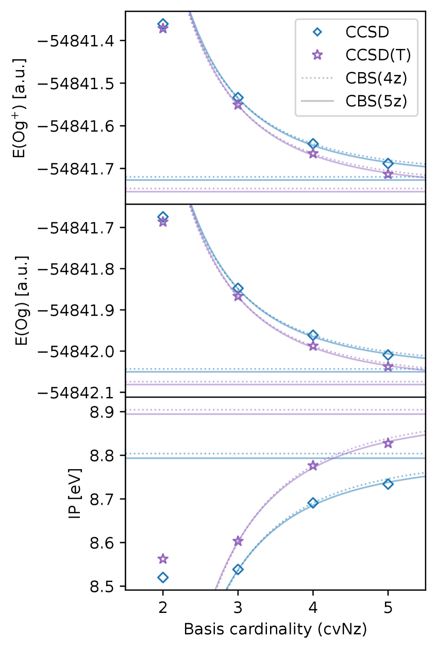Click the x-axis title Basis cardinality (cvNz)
pos(275,629)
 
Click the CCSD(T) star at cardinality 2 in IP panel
pos(163,559)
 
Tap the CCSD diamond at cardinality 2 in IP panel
pos(163,577)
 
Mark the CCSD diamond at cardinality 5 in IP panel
pos(388,484)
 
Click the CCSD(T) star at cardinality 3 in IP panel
pos(238,541)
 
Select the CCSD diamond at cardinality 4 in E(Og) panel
pos(313,335)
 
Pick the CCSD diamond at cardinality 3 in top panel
pos(238,97)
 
